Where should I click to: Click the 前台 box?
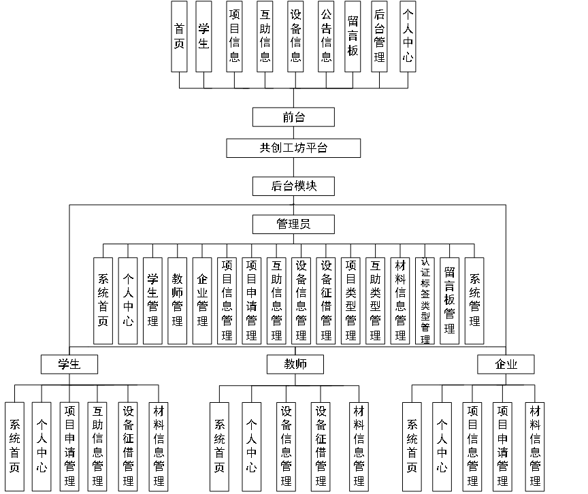293,117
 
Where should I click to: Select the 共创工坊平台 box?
293,148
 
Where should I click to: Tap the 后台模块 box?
293,186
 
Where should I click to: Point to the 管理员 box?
293,224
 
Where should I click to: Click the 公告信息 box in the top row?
326,36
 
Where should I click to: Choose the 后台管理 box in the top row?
380,36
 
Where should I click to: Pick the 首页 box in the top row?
179,36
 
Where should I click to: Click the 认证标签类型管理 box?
425,301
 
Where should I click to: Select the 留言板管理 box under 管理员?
449,301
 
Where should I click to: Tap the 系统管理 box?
474,301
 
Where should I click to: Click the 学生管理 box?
152,301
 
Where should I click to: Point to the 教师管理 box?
177,301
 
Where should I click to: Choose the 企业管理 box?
202,301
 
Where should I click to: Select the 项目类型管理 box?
350,301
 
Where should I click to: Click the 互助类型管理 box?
376,301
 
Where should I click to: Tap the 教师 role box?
295,364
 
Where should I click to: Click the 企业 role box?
506,364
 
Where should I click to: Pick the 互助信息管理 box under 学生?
98,446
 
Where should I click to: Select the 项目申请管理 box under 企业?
503,446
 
